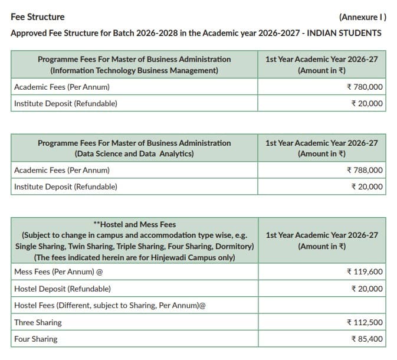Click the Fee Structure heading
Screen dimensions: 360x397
(38, 17)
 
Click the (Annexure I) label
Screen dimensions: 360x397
(363, 17)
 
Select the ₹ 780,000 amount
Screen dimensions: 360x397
(365, 87)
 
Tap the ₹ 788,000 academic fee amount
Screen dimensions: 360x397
(365, 171)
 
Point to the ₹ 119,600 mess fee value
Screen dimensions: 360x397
(365, 272)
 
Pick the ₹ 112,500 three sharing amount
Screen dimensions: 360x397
(365, 322)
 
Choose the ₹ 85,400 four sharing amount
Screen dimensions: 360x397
(367, 339)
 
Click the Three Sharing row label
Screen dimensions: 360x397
(38, 323)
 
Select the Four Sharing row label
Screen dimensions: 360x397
(36, 339)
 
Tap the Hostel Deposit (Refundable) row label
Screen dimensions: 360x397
(62, 289)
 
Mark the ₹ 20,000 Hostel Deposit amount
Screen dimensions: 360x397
(367, 289)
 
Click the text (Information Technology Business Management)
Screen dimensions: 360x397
(134, 71)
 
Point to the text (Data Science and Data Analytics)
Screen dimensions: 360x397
(134, 154)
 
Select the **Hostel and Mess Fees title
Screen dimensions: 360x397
(134, 224)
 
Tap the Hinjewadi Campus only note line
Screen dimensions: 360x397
(134, 257)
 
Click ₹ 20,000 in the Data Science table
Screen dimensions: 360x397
(367, 187)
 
